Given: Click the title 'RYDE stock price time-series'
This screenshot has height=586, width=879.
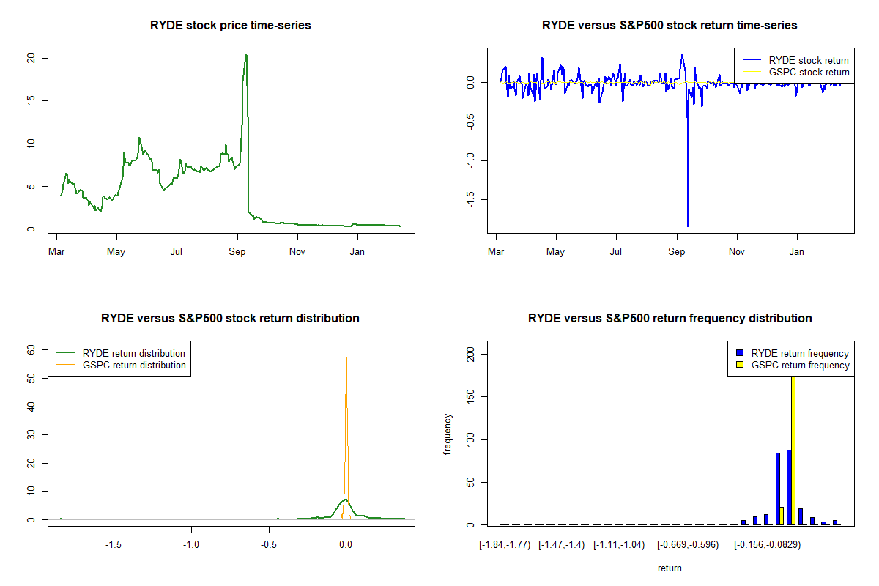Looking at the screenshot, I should (x=231, y=26).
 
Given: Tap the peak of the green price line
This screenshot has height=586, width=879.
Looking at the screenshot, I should (x=246, y=55).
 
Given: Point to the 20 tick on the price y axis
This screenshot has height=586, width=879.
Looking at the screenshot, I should (x=30, y=58).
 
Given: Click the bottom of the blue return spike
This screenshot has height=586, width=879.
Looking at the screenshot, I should (x=688, y=226).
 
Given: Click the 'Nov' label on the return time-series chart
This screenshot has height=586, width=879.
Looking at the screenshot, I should (x=737, y=252).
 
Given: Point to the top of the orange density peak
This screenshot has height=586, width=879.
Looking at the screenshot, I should (x=346, y=355).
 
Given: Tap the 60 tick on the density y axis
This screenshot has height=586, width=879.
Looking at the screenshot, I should (x=30, y=350).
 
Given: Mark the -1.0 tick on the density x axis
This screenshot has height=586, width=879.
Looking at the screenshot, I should (x=191, y=545).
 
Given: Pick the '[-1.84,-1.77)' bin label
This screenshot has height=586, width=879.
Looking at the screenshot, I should (x=503, y=545).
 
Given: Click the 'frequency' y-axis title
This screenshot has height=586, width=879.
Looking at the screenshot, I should (x=448, y=434).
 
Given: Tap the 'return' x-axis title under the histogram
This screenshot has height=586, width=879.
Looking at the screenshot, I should (x=670, y=568).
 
